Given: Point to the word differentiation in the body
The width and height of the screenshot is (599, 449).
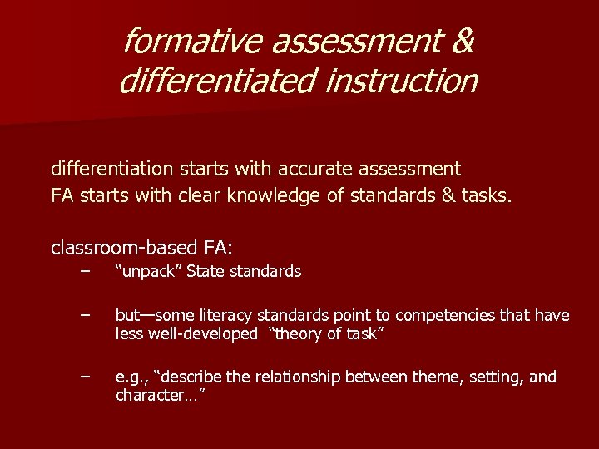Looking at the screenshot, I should [110, 170].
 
